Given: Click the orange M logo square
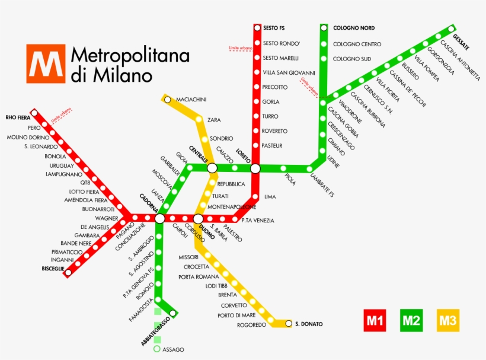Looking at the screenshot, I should coord(45,63).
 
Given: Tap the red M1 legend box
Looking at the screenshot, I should coord(375,321).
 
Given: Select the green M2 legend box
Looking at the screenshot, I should coord(411,321).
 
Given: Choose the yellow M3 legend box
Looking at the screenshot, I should coord(448,321).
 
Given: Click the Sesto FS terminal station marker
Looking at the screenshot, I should coord(257,28).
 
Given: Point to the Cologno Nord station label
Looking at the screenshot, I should coord(354,28).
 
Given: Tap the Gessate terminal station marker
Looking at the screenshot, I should coord(453,27).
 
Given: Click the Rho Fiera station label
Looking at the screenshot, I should coord(18,117).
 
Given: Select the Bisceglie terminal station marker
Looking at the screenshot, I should coord(68,273).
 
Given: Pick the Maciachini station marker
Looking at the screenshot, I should coord(168,100).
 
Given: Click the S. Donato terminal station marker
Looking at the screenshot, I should coord(289,323).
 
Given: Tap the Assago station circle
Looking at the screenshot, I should coord(157,349).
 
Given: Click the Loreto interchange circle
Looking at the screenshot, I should coord(255,168).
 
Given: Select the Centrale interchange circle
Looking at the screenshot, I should coord(212,168).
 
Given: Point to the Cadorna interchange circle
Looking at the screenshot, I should coord(159,219).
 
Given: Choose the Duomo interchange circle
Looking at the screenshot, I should coord(199,219).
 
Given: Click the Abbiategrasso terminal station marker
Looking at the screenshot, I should coord(172,313).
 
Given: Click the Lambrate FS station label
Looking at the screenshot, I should coord(322,183).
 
